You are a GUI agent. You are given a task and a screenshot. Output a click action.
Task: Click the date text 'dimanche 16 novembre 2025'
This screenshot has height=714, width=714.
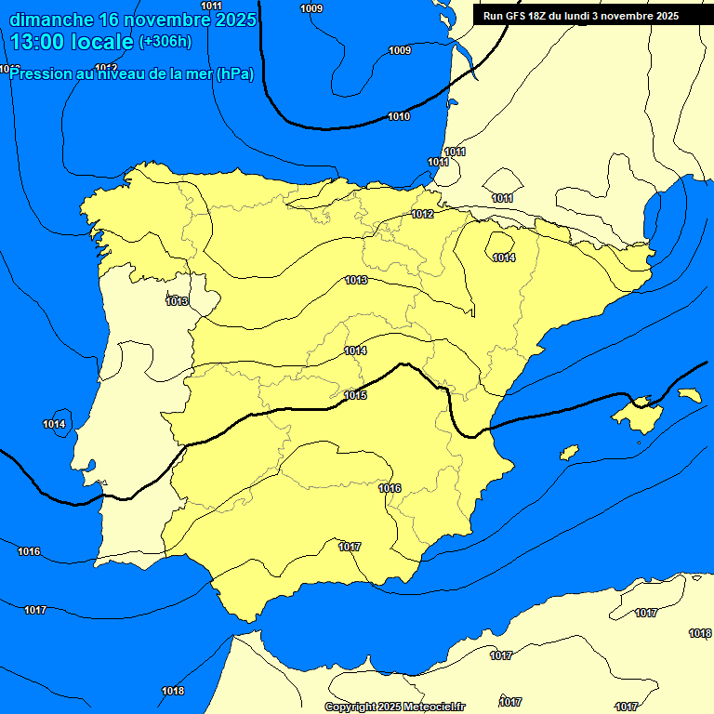pos(133,19)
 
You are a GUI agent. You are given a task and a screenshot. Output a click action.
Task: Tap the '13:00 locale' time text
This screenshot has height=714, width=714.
pos(73,41)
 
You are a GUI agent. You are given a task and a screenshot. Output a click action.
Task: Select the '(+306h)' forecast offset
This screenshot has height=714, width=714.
pos(165,41)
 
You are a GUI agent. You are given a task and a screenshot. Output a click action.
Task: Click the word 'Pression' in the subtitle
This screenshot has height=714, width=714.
pos(39,74)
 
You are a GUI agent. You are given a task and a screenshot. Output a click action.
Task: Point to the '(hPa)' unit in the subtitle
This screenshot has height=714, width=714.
pos(234,74)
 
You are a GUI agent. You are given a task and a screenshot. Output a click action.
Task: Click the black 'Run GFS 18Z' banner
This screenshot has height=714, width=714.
pos(581,16)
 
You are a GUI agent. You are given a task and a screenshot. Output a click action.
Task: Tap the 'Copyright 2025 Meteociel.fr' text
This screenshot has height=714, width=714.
pos(395,707)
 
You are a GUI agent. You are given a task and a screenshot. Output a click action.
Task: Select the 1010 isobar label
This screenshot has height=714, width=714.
pos(399,116)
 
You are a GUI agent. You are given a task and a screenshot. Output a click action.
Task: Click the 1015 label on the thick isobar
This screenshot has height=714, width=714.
pos(355,395)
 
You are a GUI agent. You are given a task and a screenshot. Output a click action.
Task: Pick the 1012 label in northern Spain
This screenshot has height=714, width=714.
pos(422,215)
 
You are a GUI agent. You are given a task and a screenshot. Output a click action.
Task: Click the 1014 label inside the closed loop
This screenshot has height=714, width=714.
pos(504,258)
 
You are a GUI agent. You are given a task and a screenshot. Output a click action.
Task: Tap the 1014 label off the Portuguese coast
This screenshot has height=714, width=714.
pos(54,425)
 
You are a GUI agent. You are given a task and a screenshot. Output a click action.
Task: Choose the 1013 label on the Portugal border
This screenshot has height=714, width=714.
pos(177,301)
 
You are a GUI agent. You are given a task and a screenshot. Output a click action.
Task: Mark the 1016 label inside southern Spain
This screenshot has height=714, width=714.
pos(390,488)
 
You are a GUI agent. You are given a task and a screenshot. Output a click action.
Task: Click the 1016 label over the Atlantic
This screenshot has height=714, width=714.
pos(29,551)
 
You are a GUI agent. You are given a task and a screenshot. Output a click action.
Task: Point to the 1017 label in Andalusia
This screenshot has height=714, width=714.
pos(350,547)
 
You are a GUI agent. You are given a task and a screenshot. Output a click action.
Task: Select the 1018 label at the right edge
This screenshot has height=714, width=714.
pos(700,633)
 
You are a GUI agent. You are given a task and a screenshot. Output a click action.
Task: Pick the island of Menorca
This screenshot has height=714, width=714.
pos(689,395)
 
